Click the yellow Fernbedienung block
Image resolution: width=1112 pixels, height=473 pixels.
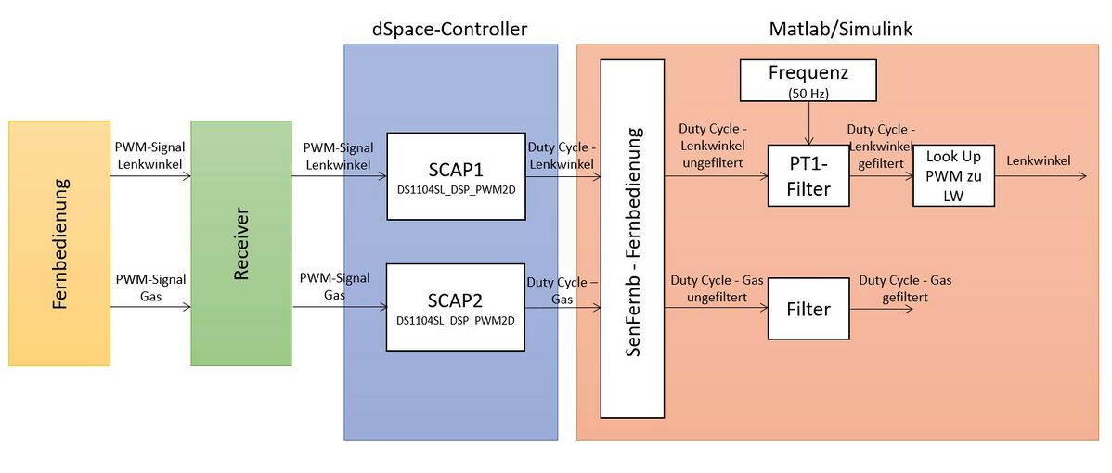[59, 243]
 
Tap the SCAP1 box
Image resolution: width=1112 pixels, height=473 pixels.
[456, 176]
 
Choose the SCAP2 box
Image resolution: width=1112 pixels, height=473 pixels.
[456, 307]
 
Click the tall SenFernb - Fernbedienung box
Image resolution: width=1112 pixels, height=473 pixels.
[632, 238]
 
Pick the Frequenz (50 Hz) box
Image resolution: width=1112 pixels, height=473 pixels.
[808, 80]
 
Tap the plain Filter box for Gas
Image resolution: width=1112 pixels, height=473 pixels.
[808, 309]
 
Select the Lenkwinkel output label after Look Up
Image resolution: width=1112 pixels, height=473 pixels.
[1038, 160]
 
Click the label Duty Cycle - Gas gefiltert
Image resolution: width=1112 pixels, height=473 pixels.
[905, 288]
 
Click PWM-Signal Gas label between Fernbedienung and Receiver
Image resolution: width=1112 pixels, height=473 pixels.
[150, 287]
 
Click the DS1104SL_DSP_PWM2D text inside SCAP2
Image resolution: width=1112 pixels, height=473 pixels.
[456, 321]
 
